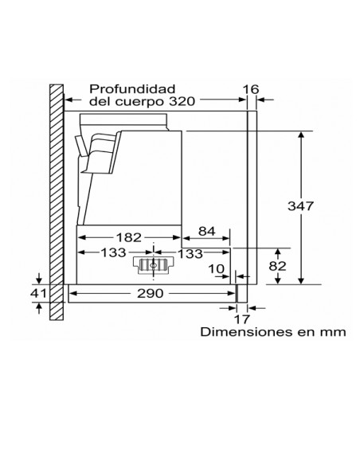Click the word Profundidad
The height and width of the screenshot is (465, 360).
coord(132,89)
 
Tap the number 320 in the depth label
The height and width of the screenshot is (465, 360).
coord(182,101)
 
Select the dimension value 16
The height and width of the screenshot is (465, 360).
coord(251,89)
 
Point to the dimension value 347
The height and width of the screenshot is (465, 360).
coord(300,205)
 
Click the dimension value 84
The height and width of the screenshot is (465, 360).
coord(207,231)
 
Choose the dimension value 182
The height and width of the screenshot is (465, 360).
coord(128,237)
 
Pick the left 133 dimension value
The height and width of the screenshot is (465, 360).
coord(114,252)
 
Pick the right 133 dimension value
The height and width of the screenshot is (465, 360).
coord(190,253)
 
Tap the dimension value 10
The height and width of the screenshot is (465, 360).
coord(216,269)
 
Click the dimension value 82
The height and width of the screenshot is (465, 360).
coord(277,266)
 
